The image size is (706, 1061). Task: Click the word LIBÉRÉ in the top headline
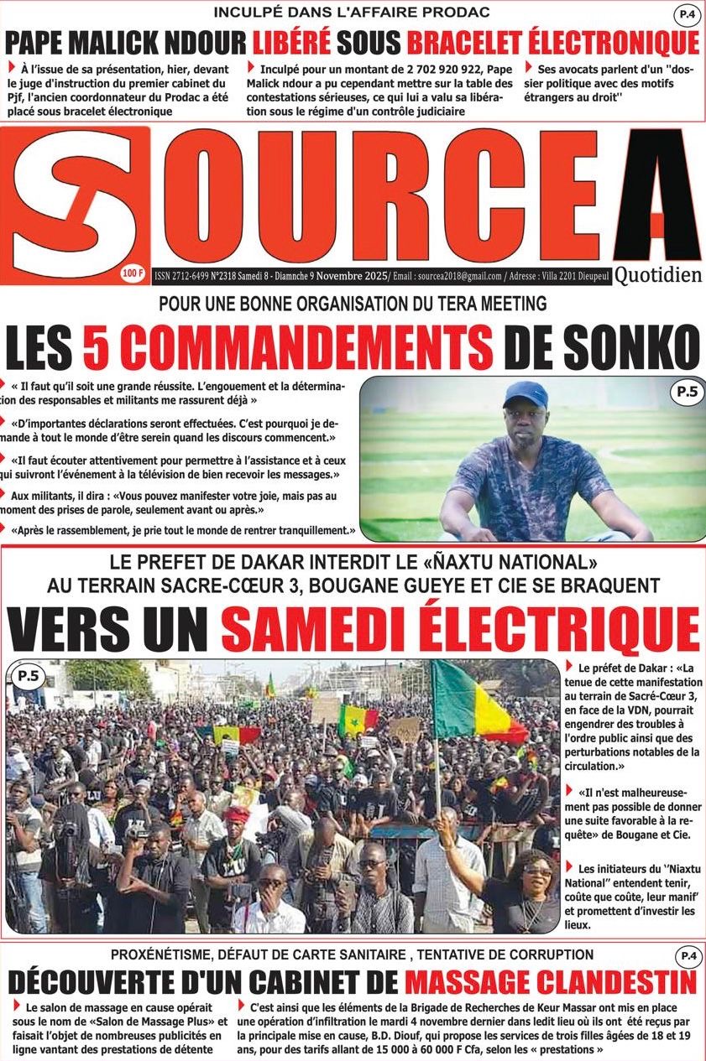pyautogui.click(x=290, y=41)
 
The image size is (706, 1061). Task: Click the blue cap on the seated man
pyautogui.click(x=526, y=393)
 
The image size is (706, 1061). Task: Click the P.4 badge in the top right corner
pyautogui.click(x=688, y=14)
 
